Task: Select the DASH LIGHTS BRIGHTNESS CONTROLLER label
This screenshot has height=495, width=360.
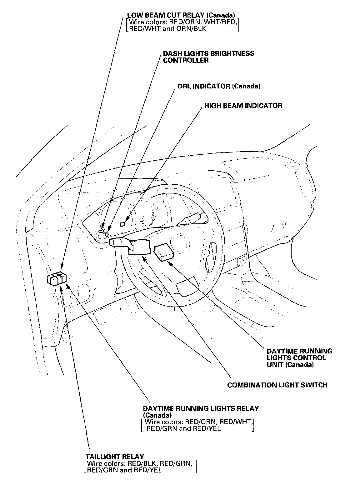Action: pyautogui.click(x=208, y=57)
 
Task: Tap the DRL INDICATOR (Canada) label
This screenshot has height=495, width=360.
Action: pyautogui.click(x=219, y=86)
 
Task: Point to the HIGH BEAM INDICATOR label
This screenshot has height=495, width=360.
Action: pyautogui.click(x=243, y=106)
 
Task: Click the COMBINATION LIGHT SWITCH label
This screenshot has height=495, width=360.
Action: pyautogui.click(x=277, y=385)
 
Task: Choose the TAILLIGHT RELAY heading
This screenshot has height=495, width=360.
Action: pyautogui.click(x=115, y=457)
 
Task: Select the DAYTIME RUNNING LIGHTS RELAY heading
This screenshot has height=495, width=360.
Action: pyautogui.click(x=201, y=408)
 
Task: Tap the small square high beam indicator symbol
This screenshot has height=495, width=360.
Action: pyautogui.click(x=123, y=224)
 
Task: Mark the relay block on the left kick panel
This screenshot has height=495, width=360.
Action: pyautogui.click(x=57, y=278)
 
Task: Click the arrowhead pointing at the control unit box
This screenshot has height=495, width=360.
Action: pyautogui.click(x=169, y=263)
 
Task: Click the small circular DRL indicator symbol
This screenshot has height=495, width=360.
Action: pyautogui.click(x=107, y=234)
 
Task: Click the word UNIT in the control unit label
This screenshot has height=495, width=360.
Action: pyautogui.click(x=275, y=364)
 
